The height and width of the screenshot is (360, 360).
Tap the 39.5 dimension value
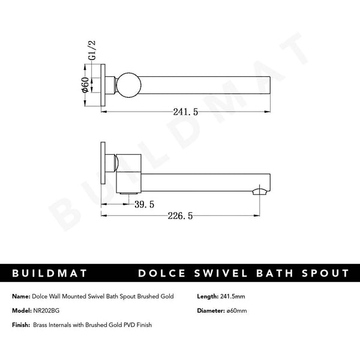144,204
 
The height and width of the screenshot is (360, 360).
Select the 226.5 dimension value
180,216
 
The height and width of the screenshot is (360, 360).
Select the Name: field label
20,296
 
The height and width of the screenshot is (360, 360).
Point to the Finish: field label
22,325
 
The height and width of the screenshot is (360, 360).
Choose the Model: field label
21,310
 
